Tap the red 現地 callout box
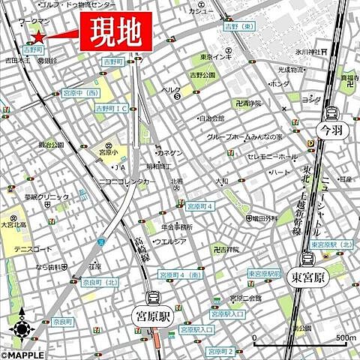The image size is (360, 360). click(x=112, y=32)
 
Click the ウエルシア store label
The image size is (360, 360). click(x=169, y=241)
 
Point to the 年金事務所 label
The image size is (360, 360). click(x=174, y=226)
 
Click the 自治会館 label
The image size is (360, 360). click(x=211, y=118)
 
